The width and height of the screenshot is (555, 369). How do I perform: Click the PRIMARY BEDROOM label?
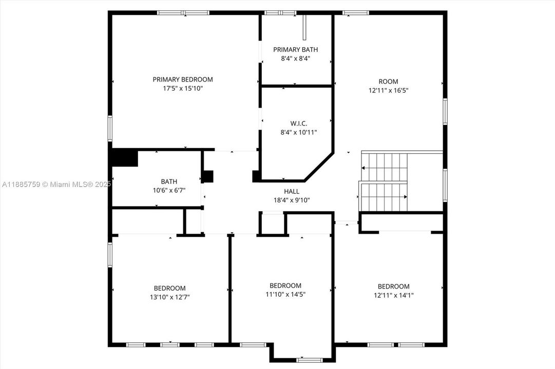(182, 79)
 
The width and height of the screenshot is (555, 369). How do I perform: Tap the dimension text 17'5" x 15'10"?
(182, 89)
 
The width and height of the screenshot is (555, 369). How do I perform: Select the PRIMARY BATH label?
(295, 50)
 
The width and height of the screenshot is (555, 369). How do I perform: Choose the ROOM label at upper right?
(388, 81)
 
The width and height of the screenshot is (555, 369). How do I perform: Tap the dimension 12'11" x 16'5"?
(388, 90)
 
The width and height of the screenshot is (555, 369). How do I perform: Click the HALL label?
(291, 191)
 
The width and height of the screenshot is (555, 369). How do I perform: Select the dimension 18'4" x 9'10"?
(291, 200)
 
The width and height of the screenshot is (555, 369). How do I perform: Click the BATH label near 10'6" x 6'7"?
(169, 181)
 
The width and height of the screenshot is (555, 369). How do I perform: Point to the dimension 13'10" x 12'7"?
(169, 297)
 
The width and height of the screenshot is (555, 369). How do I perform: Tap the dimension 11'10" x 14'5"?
(285, 294)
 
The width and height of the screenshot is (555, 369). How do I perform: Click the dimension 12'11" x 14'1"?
(393, 295)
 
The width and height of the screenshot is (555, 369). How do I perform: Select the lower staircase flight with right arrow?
(383, 197)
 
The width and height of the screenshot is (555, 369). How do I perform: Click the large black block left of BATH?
(125, 157)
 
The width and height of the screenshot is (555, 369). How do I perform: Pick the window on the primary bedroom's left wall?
(109, 128)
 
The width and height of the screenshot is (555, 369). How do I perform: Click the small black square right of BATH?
(208, 176)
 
